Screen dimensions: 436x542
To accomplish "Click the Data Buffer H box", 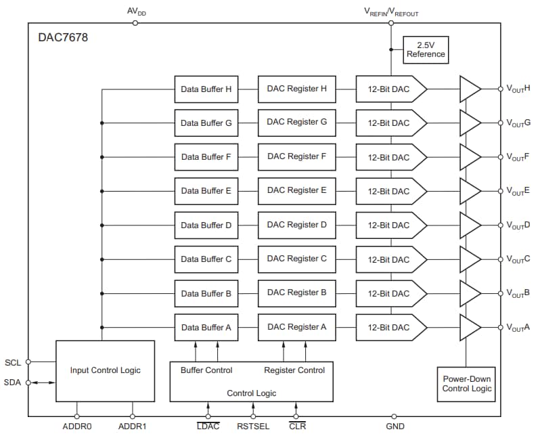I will [x=206, y=89].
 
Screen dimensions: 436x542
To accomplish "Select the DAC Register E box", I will [x=296, y=191].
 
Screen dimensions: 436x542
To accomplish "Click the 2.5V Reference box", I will [x=426, y=49].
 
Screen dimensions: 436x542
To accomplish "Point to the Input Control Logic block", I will [x=105, y=370].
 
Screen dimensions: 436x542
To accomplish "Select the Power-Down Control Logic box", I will [x=467, y=384].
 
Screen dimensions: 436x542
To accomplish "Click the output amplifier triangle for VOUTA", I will [x=470, y=327].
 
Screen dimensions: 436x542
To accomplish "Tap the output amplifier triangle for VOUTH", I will [x=470, y=89].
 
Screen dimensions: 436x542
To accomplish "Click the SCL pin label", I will [x=13, y=362].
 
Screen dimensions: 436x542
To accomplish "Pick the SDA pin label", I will [x=13, y=383].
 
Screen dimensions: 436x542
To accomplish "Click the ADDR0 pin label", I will [x=76, y=427].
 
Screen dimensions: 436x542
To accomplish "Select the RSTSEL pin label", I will [x=253, y=427].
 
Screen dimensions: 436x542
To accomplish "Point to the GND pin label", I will [x=395, y=427].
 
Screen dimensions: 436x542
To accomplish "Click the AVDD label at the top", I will [x=136, y=11].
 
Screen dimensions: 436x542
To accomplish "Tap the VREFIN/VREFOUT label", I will [x=391, y=11].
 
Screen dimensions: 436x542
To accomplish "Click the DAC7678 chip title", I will [x=63, y=38].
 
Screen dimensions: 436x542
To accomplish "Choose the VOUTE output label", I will [x=518, y=191].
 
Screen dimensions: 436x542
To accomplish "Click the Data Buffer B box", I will [x=206, y=293].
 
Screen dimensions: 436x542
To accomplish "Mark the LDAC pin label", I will [x=208, y=427].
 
